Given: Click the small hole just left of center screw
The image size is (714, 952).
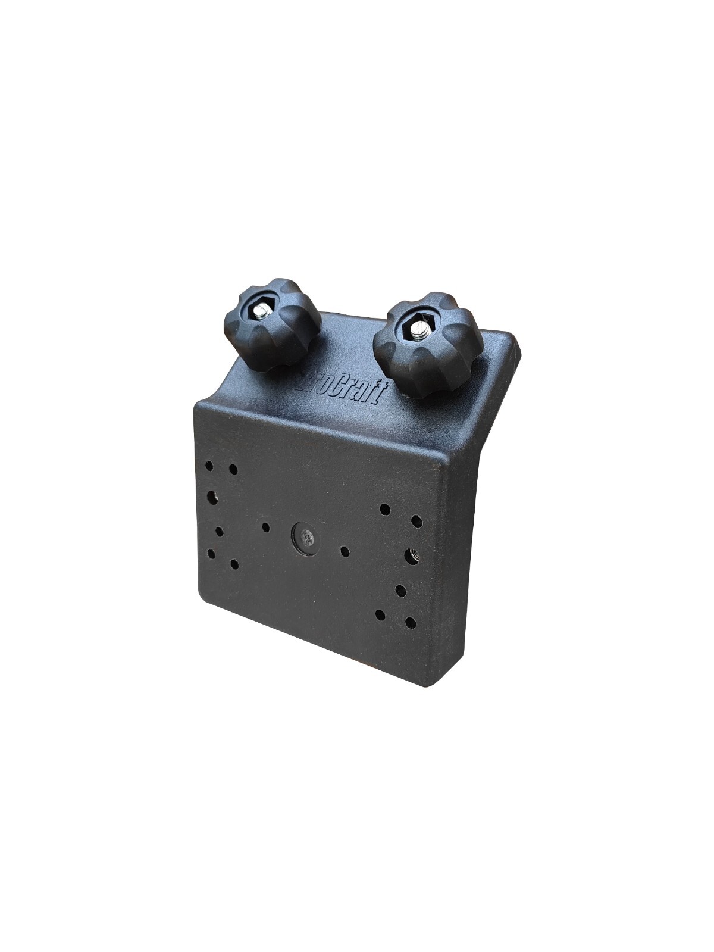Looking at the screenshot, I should pos(265,526).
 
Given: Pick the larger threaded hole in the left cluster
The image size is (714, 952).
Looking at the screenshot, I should pos(212,495).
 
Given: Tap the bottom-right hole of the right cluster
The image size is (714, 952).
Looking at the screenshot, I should pos(410,623).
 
